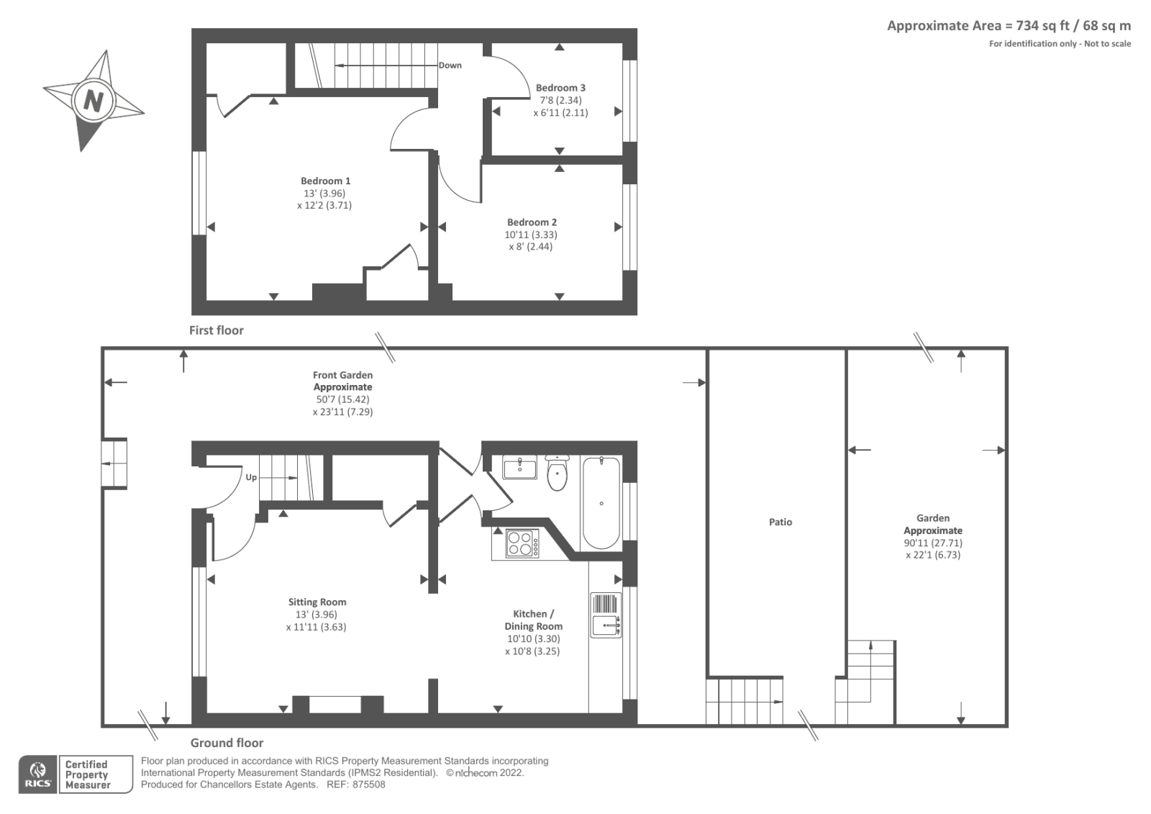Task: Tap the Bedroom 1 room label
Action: (x=325, y=181)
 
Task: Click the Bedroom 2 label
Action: (x=532, y=222)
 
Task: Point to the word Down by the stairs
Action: (x=450, y=65)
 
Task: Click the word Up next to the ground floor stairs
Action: (x=251, y=477)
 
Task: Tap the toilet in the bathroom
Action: (x=558, y=473)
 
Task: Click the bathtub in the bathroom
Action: (x=601, y=502)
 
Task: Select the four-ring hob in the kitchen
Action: (x=522, y=543)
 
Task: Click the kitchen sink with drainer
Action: (x=606, y=615)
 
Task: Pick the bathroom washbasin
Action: (x=519, y=468)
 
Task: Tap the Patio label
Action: (x=780, y=522)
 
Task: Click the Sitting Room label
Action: (x=317, y=602)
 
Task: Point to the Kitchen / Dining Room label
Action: (x=533, y=620)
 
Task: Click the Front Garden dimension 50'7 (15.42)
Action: (x=342, y=399)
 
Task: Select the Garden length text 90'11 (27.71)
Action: (x=933, y=543)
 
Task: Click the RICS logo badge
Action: (x=37, y=774)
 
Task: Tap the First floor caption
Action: (x=216, y=330)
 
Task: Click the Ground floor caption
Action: (x=227, y=743)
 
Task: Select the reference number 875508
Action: (x=368, y=784)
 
